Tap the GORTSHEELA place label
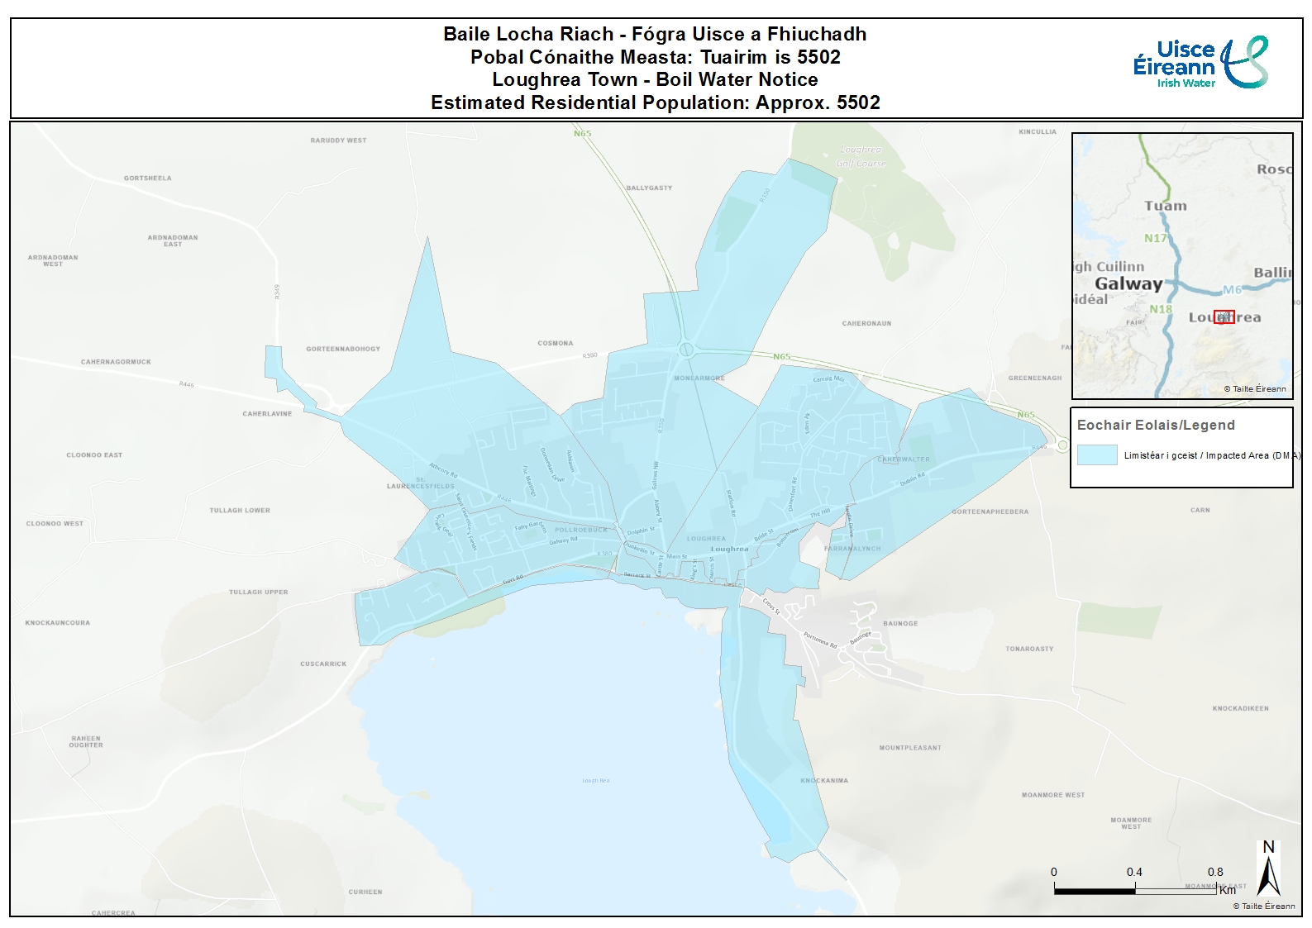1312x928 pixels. [x=148, y=178]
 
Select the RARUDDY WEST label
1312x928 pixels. [x=338, y=140]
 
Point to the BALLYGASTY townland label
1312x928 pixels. [x=649, y=188]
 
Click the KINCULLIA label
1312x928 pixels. [x=1038, y=132]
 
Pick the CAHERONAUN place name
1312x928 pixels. [x=866, y=323]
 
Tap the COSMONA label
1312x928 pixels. [x=555, y=343]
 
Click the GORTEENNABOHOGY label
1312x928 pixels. [x=343, y=349]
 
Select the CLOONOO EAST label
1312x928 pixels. [x=94, y=455]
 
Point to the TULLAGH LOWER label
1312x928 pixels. [x=240, y=511]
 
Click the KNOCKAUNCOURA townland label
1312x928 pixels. [x=57, y=623]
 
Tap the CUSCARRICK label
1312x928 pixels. [x=323, y=664]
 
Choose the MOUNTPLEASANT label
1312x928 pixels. [x=909, y=748]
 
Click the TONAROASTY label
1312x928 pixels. [x=1029, y=650]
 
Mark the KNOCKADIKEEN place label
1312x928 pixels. [x=1240, y=708]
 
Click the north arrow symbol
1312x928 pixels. [x=1268, y=869]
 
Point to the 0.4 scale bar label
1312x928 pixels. [x=1134, y=872]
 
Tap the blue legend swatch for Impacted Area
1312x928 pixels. [x=1096, y=454]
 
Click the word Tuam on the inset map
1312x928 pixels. [x=1165, y=206]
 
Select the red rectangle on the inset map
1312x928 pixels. [x=1224, y=317]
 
